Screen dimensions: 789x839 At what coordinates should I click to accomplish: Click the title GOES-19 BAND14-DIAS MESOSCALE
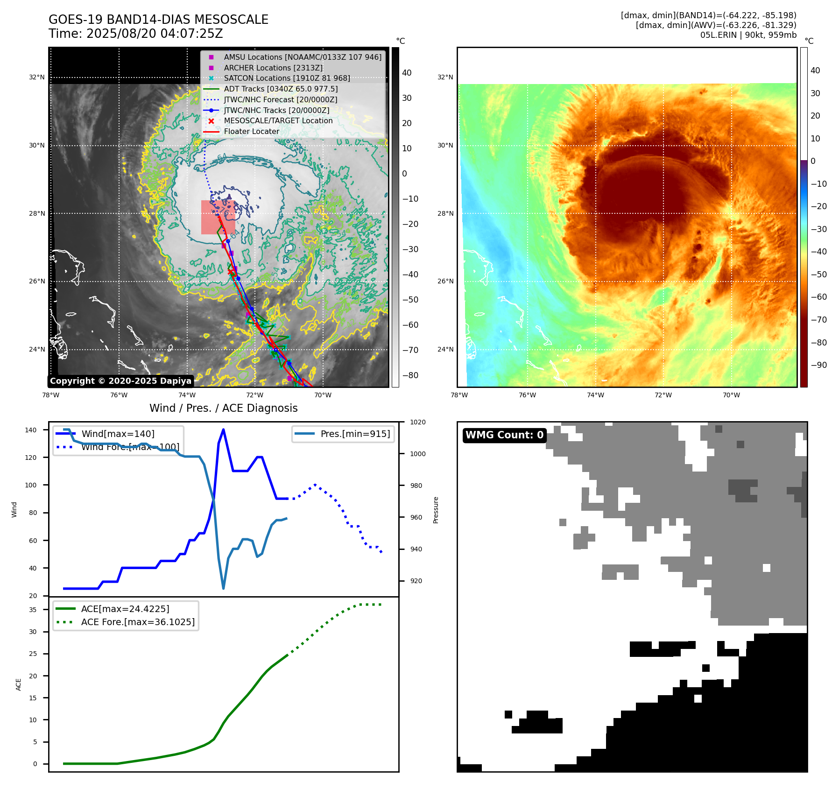[x=158, y=20]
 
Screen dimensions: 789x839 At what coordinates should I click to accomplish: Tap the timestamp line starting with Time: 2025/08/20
[x=135, y=34]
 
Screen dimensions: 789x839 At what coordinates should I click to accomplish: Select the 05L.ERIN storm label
[x=748, y=35]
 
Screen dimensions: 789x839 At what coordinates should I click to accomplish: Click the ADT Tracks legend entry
[x=280, y=89]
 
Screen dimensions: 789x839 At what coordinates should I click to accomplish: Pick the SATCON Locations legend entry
[x=286, y=78]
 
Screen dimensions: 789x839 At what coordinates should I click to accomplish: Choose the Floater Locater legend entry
[x=251, y=131]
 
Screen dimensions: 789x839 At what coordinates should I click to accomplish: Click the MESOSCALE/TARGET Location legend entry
[x=278, y=120]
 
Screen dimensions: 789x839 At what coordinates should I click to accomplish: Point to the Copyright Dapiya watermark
[x=120, y=381]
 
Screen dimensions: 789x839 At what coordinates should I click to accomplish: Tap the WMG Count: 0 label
[x=504, y=435]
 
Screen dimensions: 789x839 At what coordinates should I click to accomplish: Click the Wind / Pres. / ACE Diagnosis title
[x=223, y=408]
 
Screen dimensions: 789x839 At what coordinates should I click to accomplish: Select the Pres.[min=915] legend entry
[x=355, y=434]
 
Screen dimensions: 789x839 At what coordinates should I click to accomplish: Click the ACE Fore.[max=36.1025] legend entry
[x=137, y=622]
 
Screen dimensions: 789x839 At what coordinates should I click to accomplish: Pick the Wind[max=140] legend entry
[x=118, y=434]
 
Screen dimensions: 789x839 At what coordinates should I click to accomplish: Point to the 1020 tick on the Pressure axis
[x=417, y=422]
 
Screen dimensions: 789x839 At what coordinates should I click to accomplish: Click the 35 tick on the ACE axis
[x=33, y=609]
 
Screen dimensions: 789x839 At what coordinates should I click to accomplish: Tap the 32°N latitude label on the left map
[x=37, y=77]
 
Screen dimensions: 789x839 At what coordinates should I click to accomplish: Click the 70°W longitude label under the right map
[x=731, y=395]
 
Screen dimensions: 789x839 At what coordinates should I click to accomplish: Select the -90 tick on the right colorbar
[x=818, y=365]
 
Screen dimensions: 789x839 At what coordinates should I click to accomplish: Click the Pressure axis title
[x=436, y=510]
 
